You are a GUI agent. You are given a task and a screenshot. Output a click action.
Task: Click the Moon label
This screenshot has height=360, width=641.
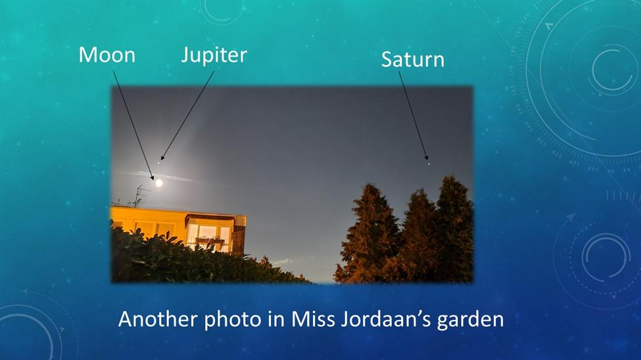pyautogui.click(x=107, y=55)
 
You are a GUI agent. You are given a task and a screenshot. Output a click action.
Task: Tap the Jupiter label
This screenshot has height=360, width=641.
pyautogui.click(x=214, y=55)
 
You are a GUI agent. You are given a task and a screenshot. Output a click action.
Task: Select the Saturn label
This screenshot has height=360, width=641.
pyautogui.click(x=412, y=60)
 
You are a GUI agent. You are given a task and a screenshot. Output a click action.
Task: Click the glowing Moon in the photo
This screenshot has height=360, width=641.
pyautogui.click(x=159, y=183)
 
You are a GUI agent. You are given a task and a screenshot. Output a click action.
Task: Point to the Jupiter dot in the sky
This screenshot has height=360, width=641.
pyautogui.click(x=158, y=163)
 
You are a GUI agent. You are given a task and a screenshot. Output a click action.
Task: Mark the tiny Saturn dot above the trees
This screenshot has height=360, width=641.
pyautogui.click(x=429, y=164)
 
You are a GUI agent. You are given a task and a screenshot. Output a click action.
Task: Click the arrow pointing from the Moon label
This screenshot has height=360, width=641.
pyautogui.click(x=133, y=125)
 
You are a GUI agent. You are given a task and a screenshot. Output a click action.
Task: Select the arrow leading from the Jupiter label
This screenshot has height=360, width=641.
pyautogui.click(x=187, y=116)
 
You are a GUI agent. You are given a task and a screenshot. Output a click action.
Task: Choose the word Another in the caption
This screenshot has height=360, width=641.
pyautogui.click(x=158, y=319)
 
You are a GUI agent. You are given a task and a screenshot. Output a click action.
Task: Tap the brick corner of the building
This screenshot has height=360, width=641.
pyautogui.click(x=239, y=236)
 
